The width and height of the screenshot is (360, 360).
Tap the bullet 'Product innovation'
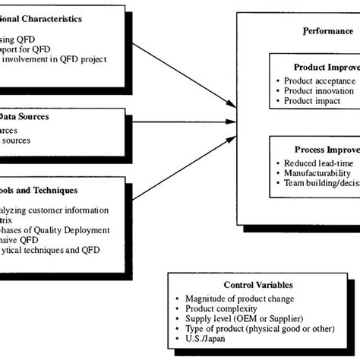click(319, 91)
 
